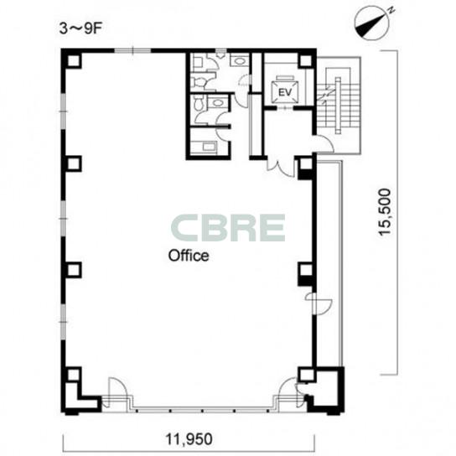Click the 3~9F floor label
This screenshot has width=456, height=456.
pos(80,28)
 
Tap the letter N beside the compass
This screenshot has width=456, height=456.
pos(391,11)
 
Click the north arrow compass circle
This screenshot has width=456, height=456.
pos(372,23)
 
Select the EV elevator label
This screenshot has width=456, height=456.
pos(285,92)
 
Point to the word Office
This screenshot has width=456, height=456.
pos(189,256)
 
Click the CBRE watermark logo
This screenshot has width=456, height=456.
pos(228,228)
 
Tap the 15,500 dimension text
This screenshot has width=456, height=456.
pos(385,212)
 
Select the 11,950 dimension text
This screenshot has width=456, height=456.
pos(189,439)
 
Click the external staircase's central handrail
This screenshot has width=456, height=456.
pos(338,106)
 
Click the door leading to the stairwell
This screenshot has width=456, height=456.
pos(324,143)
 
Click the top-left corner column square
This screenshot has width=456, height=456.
pos(74,61)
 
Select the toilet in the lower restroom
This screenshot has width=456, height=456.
pos(199,104)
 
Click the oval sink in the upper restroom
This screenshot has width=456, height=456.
pos(240,61)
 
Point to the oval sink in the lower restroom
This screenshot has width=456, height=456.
pos(218,103)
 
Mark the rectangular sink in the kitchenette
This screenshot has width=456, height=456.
pos(209,146)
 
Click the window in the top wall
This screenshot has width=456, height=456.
pos(132,51)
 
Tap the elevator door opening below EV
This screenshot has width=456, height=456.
pos(285,108)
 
